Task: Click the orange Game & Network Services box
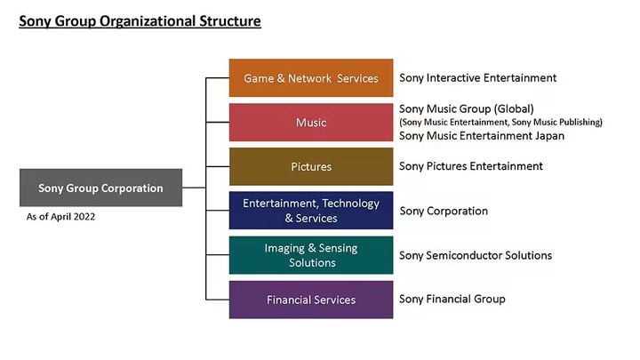coord(311,78)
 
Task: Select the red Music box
coord(311,122)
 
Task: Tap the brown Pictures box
coord(311,166)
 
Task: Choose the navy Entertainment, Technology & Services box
coord(311,211)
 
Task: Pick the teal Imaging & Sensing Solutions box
coord(311,255)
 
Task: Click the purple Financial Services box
coord(311,300)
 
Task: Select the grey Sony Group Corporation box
coord(100,188)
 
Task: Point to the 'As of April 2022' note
coord(60,217)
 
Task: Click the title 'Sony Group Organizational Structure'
coord(140,21)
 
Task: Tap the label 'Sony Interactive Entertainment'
coord(478,78)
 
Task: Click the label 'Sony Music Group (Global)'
coord(467,109)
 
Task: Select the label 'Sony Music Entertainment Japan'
coord(482,136)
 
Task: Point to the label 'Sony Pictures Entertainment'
coord(471,166)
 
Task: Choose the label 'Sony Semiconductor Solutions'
coord(476,255)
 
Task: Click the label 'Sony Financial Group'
coord(452,300)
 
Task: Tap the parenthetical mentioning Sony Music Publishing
coord(500,122)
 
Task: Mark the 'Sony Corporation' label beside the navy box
coord(444,211)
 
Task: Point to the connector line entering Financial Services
coord(218,300)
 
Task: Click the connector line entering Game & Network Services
coord(218,77)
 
